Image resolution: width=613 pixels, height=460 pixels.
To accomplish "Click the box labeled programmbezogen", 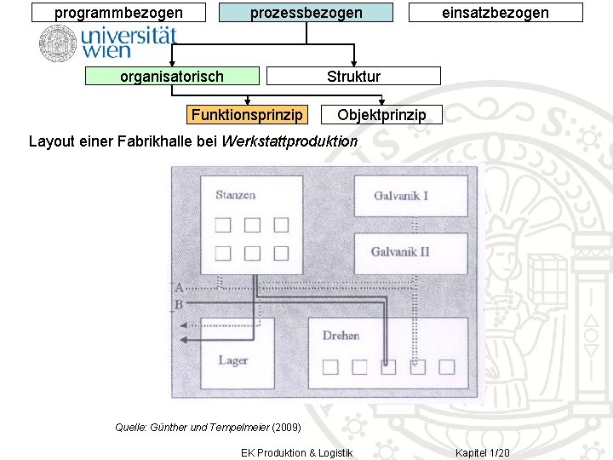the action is pos(118,12).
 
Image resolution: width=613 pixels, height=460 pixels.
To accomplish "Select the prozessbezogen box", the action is pos(306,12).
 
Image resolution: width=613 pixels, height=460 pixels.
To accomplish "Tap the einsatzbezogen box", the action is pos(496,12).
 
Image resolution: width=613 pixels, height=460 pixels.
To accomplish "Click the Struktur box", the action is pos(353,77).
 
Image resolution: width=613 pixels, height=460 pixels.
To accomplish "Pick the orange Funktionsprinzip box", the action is pos(246,114).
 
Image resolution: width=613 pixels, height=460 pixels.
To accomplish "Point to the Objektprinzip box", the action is pos(381,114).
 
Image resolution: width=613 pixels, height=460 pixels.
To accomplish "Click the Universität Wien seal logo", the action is pos(58,43).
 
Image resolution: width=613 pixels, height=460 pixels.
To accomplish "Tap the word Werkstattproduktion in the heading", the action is pos(289,141).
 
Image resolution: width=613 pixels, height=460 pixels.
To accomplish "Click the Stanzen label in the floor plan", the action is pos(235,195).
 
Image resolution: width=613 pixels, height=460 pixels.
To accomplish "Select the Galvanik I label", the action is pos(401,196).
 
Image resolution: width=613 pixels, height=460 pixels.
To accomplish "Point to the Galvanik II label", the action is pos(400,252).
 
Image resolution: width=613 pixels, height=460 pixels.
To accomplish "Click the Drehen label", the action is pos(341,336).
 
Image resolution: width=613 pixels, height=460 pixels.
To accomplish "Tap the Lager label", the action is pos(232,360).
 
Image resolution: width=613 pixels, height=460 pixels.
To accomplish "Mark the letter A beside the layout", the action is pos(179,288).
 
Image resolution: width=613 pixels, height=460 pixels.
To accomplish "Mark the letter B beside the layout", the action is pos(179,304).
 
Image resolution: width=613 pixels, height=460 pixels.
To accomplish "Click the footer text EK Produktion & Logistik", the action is pos(296,452).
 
